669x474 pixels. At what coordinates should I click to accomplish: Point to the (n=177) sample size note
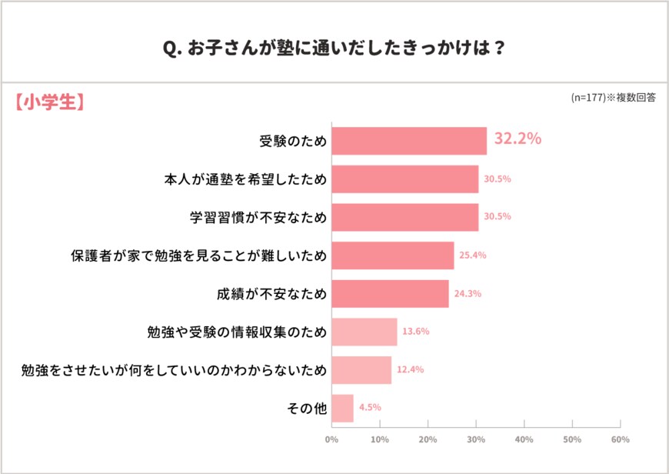click(x=612, y=98)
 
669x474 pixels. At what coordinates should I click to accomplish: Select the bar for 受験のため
click(x=409, y=141)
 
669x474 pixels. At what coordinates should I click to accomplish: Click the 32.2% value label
click(x=518, y=139)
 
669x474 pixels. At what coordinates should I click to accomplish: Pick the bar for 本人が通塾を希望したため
click(x=405, y=179)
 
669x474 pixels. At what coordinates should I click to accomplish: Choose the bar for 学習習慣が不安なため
click(x=405, y=217)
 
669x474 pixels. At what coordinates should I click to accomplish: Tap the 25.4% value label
click(x=473, y=255)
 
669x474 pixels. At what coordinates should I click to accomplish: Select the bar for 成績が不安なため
click(x=390, y=293)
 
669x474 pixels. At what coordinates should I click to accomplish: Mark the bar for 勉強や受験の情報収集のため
click(x=364, y=332)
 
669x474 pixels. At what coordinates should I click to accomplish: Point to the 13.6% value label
click(x=416, y=332)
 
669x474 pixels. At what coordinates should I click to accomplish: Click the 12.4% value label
click(x=410, y=369)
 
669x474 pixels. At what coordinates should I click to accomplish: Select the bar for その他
click(x=343, y=408)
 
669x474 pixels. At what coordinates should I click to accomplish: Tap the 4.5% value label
click(x=369, y=408)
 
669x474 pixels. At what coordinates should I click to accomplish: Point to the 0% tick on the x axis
click(x=331, y=440)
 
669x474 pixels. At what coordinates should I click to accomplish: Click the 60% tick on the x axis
click(x=620, y=440)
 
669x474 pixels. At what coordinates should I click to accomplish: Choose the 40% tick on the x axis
click(x=524, y=440)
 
